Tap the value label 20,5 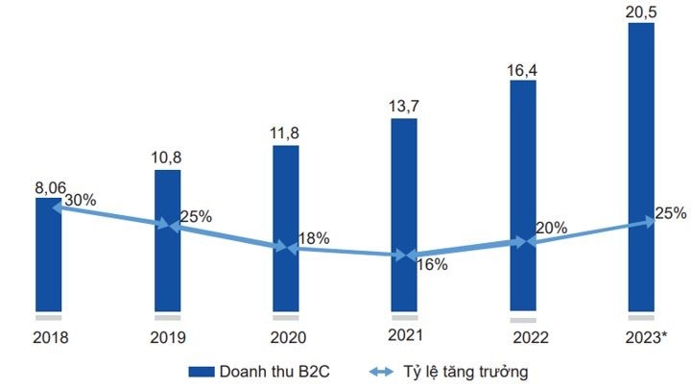pyautogui.click(x=641, y=11)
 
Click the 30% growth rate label pyautogui.click(x=82, y=201)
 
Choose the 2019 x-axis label pyautogui.click(x=167, y=337)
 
